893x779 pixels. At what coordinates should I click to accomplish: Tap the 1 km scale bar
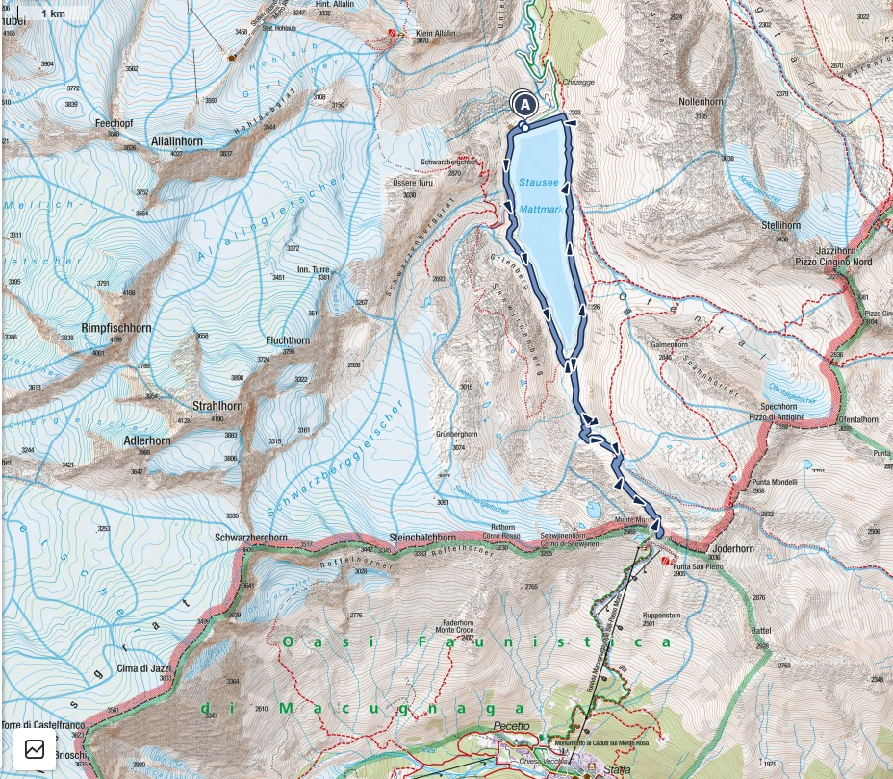click(x=52, y=13)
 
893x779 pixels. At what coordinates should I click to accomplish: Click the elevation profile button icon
click(x=35, y=749)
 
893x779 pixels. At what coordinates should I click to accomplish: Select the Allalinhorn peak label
click(x=174, y=140)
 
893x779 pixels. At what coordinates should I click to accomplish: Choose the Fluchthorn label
click(x=288, y=340)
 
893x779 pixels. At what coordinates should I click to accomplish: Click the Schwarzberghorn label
click(x=251, y=538)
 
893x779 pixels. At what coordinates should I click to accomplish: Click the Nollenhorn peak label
click(x=701, y=101)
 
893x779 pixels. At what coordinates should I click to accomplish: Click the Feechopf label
click(x=114, y=123)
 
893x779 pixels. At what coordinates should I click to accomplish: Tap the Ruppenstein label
click(x=662, y=614)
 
